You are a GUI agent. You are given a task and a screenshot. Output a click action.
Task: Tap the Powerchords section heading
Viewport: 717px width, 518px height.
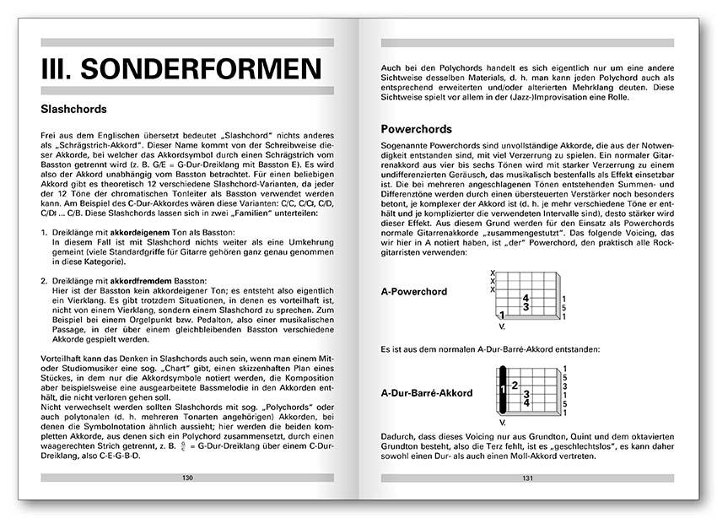418,130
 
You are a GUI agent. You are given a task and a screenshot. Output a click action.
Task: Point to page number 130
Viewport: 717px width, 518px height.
187,478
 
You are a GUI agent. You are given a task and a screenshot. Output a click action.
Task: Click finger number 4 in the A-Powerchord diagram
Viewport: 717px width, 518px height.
526,298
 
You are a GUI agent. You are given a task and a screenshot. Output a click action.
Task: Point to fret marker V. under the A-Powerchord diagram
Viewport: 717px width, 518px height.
502,325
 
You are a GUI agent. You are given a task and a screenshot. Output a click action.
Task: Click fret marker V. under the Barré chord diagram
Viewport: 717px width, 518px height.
504,422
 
